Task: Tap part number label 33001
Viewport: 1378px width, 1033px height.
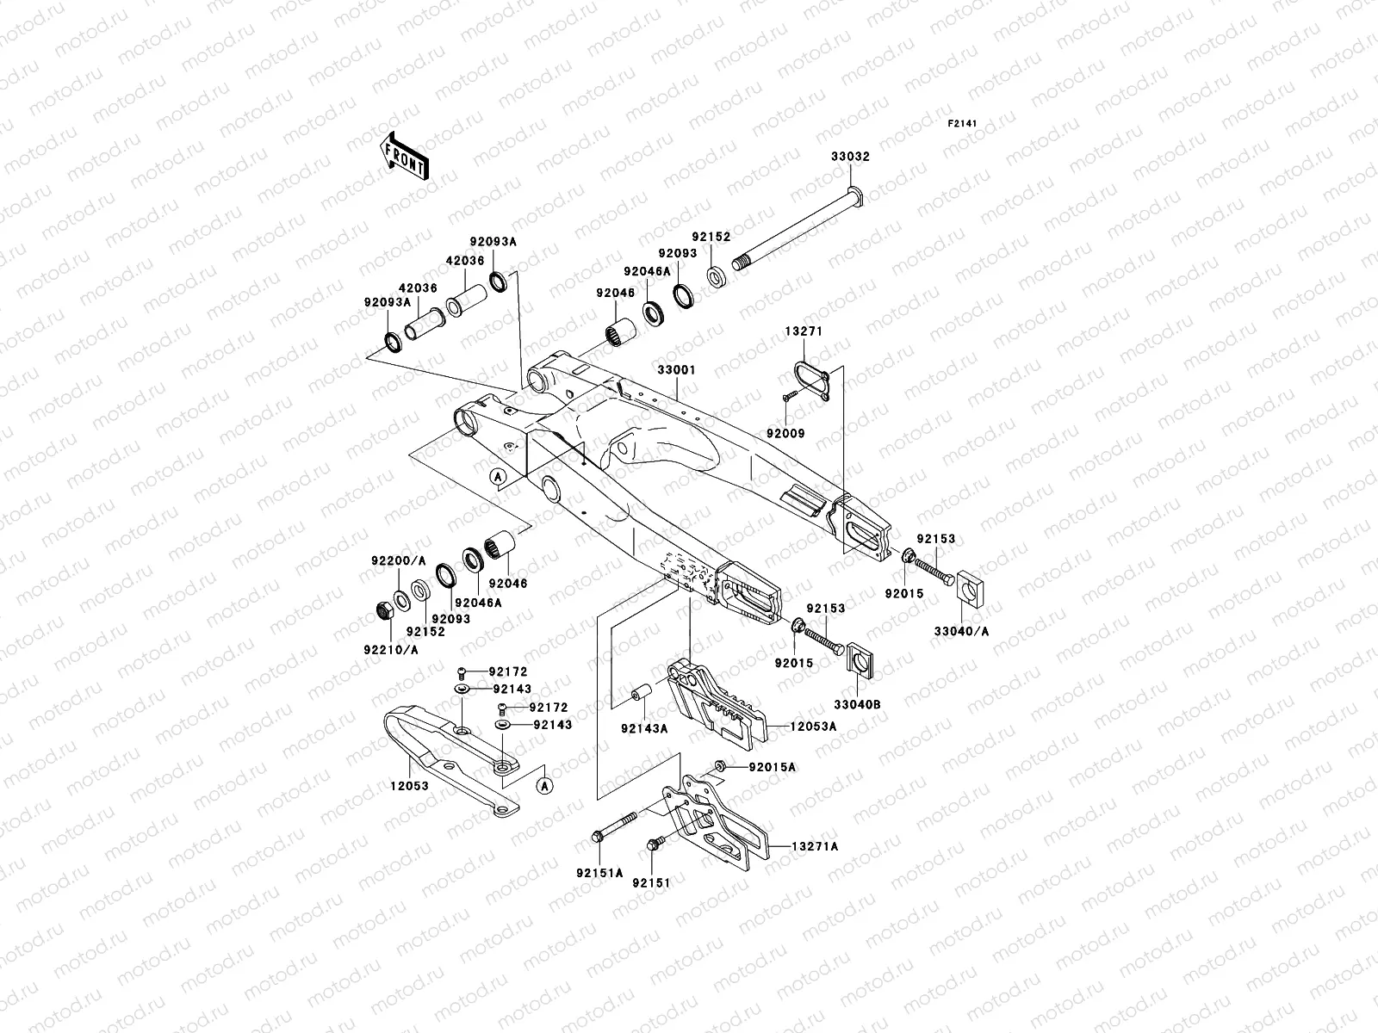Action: tap(676, 370)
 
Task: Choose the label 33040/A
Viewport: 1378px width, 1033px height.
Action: tap(961, 631)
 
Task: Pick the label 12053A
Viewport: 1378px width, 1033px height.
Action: tap(814, 727)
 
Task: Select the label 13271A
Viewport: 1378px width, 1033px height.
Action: tap(815, 846)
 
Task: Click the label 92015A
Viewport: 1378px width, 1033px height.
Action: tap(773, 767)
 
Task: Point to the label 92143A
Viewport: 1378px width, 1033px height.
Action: tap(644, 729)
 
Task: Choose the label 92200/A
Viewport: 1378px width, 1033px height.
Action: tap(399, 560)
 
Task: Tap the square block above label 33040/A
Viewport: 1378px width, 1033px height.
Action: tap(970, 589)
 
